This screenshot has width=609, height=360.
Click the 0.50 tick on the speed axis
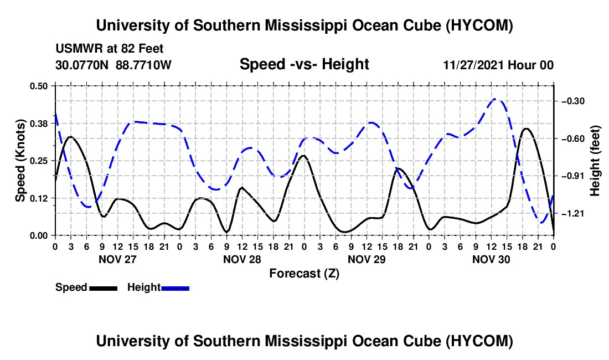[x=38, y=86]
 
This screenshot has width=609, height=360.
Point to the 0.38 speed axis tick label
[x=38, y=124]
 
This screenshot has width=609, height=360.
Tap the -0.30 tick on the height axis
[x=573, y=101]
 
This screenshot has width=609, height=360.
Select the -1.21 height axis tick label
[x=573, y=214]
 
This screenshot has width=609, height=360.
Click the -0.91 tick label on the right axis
[x=573, y=176]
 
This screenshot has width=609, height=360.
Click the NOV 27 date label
[x=118, y=259]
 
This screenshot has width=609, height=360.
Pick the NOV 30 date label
[x=491, y=259]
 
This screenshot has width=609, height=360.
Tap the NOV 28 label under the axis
[x=242, y=259]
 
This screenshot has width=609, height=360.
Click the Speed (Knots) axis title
[x=20, y=161]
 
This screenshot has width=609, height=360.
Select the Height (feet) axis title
[x=595, y=161]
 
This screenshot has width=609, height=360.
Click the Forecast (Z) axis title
[x=304, y=274]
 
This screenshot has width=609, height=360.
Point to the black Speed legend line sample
[x=104, y=288]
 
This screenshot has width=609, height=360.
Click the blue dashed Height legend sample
[x=175, y=288]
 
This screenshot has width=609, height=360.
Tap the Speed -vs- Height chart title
[x=304, y=64]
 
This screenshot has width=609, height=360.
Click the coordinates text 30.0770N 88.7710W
[x=113, y=65]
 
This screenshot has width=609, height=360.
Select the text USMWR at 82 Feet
[x=110, y=49]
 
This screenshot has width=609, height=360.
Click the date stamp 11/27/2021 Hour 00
[x=498, y=65]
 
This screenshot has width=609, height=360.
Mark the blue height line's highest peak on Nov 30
[x=495, y=99]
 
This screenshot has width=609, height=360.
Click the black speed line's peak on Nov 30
[x=527, y=128]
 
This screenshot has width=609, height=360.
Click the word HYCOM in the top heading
[x=479, y=25]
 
